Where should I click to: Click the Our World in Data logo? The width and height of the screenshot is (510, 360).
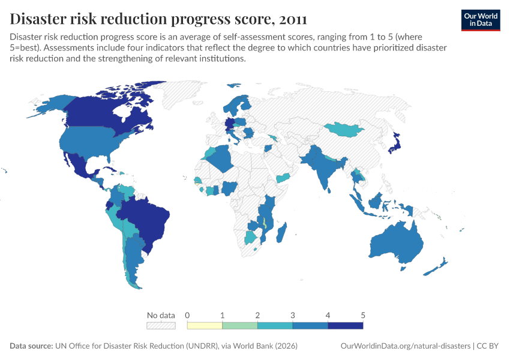point(481,20)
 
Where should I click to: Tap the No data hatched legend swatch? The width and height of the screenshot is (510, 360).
point(161,325)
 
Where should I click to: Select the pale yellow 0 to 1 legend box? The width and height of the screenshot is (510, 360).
point(205,325)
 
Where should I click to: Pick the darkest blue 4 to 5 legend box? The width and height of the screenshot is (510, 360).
point(345,325)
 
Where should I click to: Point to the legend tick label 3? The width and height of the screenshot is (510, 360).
point(293,315)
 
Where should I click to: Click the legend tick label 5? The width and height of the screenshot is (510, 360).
point(362,315)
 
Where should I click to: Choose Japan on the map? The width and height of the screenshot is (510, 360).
point(395,144)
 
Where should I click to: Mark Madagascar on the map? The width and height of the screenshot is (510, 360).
point(283,232)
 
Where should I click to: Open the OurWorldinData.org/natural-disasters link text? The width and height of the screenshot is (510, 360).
point(405,346)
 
